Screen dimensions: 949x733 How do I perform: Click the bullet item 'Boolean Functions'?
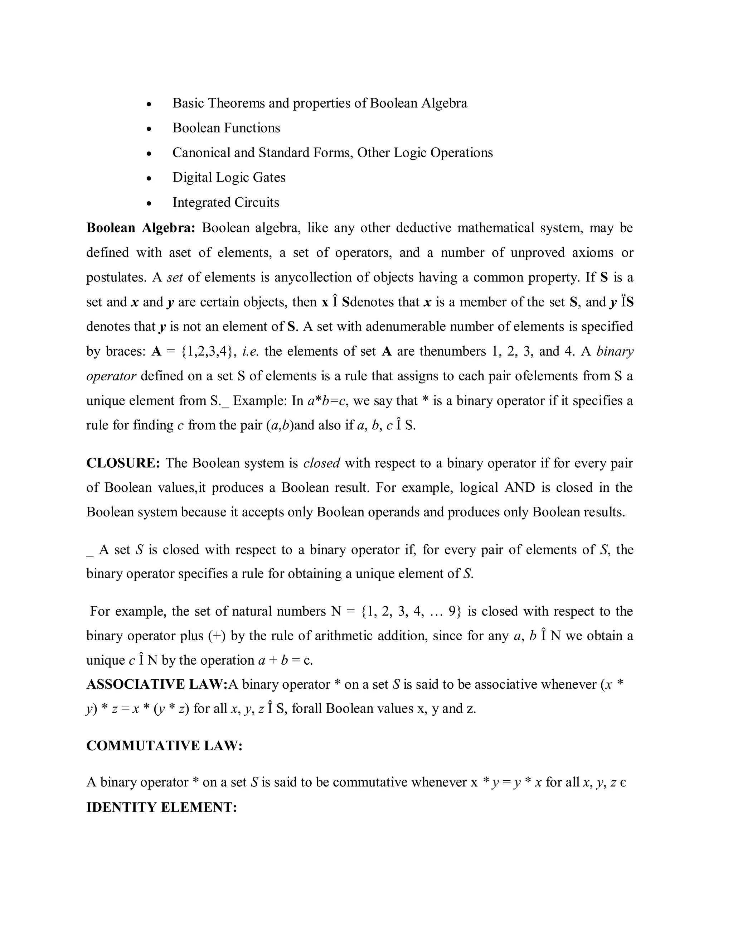point(226,128)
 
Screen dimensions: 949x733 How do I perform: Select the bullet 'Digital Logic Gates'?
point(229,177)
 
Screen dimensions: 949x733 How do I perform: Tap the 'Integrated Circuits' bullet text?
point(226,202)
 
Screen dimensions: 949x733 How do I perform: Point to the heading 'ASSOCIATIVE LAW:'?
point(157,684)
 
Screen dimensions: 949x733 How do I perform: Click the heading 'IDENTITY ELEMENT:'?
point(161,807)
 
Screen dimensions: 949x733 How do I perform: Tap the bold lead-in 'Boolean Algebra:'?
point(141,228)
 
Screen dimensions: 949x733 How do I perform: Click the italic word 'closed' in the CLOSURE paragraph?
point(321,463)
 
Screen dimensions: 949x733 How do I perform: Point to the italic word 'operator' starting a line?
point(111,376)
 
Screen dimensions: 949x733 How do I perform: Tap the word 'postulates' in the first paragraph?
point(116,277)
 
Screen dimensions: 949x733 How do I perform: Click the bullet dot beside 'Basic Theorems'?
point(149,104)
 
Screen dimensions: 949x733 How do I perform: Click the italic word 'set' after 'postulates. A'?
point(175,277)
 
